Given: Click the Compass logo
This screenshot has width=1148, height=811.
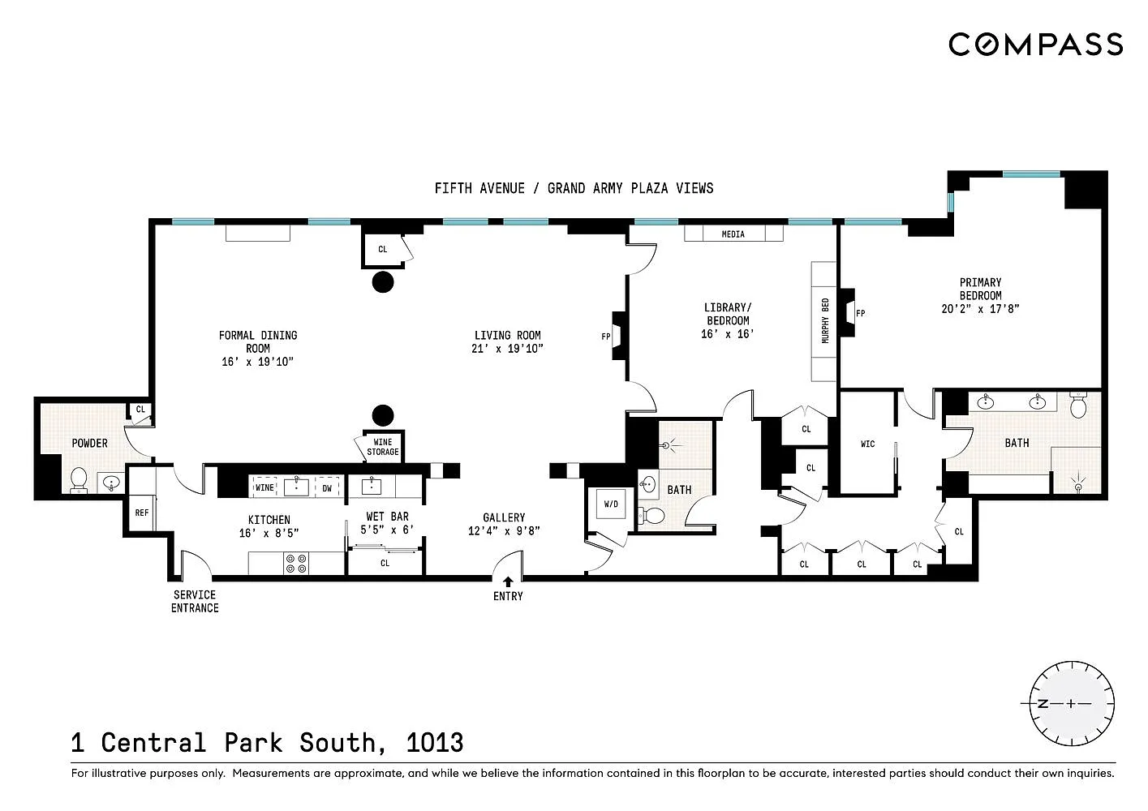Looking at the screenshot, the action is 1035,44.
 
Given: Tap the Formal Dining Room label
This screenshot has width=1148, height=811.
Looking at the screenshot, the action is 258,341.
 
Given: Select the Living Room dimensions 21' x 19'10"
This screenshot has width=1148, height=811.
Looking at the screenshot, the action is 507,349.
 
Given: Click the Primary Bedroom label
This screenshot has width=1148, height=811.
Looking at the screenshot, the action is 980,289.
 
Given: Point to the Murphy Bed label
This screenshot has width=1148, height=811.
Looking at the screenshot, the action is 825,320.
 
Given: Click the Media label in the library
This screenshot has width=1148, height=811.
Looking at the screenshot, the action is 733,234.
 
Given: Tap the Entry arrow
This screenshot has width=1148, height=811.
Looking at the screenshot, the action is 508,581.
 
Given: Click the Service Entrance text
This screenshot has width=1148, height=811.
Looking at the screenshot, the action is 195,602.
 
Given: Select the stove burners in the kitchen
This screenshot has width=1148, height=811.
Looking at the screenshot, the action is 296,564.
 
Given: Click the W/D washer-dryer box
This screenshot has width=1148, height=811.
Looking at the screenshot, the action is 611,504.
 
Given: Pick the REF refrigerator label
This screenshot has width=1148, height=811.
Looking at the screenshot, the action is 142,513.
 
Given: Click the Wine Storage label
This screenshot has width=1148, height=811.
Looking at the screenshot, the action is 383,447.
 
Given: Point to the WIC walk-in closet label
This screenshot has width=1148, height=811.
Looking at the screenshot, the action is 867,444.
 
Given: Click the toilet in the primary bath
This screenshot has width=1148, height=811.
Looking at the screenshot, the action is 1078,405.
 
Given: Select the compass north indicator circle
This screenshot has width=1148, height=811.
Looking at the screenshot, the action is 1072,703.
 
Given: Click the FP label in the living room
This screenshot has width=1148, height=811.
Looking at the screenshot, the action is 606,337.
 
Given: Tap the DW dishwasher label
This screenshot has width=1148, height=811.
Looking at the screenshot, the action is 327,488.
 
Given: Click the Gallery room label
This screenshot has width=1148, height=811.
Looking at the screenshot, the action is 504,517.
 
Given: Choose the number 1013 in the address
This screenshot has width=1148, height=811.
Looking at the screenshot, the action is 435,743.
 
